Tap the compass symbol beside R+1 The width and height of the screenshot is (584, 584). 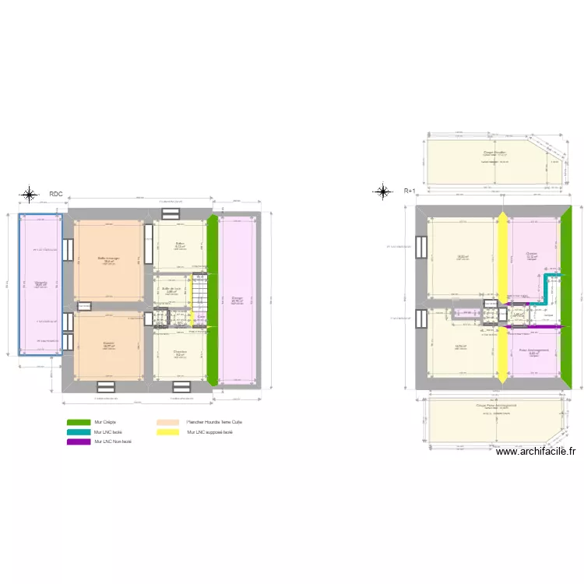click(x=382, y=191)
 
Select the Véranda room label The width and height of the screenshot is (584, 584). click(x=40, y=283)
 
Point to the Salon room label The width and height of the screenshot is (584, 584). click(x=179, y=244)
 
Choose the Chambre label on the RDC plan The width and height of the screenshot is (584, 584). click(x=180, y=351)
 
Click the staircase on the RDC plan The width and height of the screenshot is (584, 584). click(x=199, y=293)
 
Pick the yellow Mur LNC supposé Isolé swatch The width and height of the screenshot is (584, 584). click(x=167, y=431)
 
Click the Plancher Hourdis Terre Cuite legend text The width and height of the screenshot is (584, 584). click(x=214, y=422)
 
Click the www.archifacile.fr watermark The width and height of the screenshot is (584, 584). click(x=535, y=451)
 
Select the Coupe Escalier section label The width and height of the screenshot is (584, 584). click(x=494, y=152)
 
